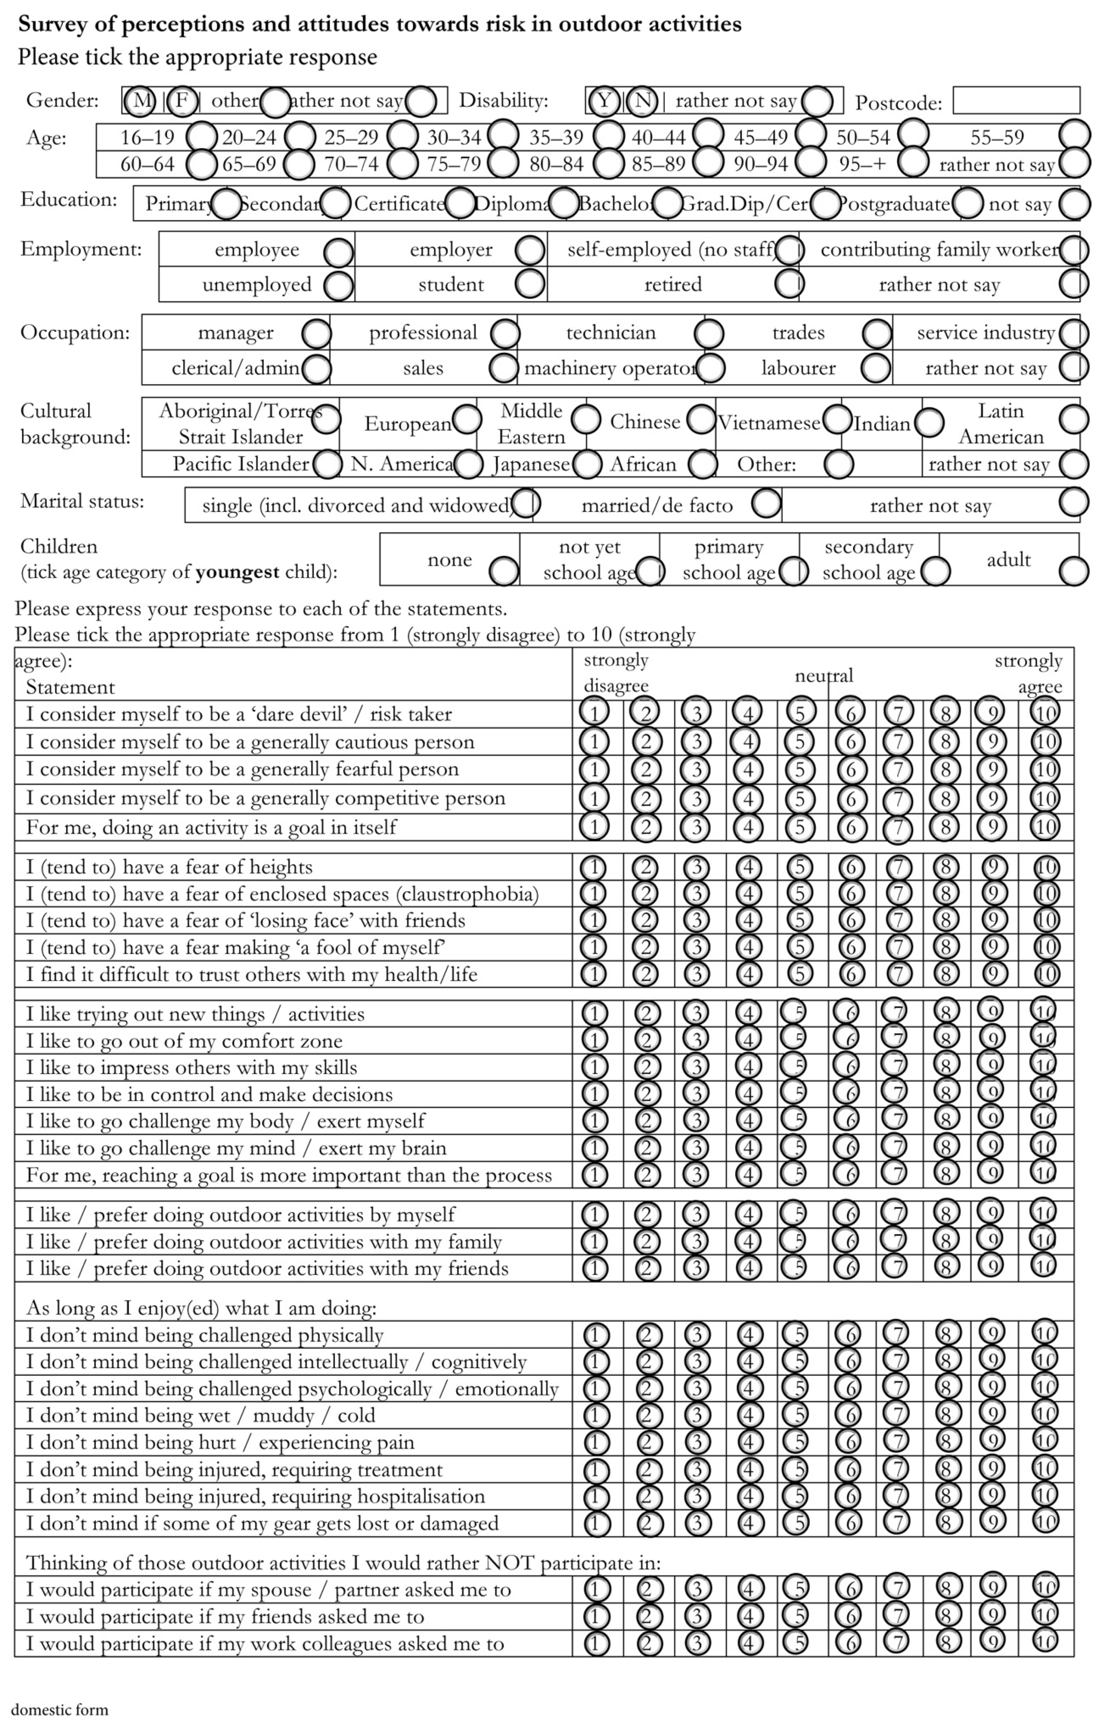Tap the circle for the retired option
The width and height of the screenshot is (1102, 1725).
tap(789, 284)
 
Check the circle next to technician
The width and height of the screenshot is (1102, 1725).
tap(709, 333)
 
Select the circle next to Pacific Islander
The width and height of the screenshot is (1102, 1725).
tap(327, 464)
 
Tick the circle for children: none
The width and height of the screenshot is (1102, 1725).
tap(504, 571)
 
